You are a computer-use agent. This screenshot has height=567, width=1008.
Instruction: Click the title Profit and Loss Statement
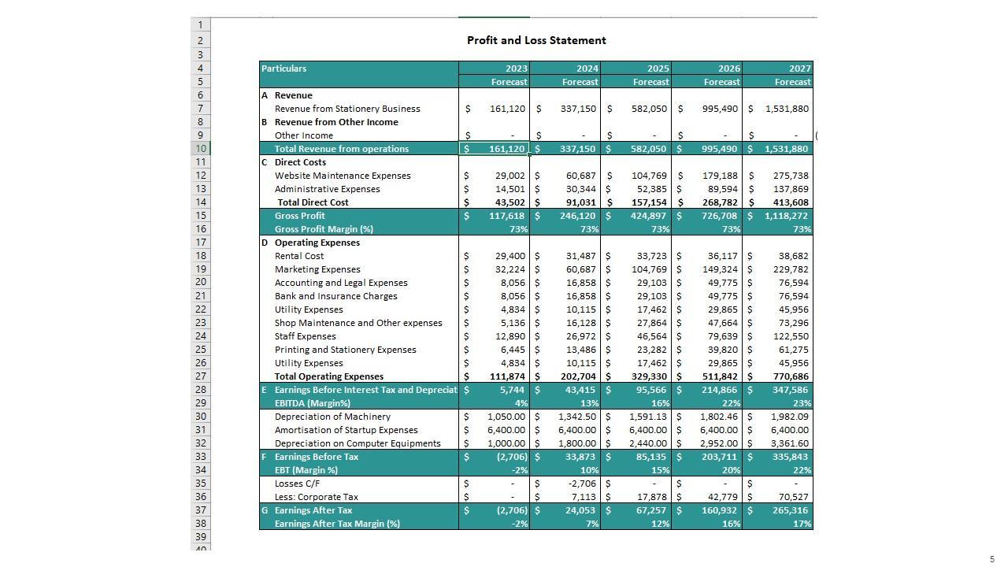pos(536,40)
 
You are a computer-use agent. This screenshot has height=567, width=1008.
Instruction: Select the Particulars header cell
pos(284,69)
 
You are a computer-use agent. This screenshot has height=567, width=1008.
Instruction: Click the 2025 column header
pos(658,69)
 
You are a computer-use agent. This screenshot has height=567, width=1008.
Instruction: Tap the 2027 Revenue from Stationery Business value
pos(786,109)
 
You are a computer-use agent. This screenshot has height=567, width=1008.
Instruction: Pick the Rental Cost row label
pos(299,256)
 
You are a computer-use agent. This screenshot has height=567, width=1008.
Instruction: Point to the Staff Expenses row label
pos(305,336)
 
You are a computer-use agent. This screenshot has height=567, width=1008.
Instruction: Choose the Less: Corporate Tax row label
pos(316,497)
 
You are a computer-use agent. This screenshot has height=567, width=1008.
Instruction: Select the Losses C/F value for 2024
pos(581,484)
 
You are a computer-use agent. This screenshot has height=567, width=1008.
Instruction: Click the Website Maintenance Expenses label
pos(343,176)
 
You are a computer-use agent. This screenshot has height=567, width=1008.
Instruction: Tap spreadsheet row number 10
pos(201,149)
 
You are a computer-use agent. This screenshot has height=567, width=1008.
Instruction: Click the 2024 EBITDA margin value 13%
pos(590,403)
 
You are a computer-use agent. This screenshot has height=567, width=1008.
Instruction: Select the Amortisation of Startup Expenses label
pos(346,430)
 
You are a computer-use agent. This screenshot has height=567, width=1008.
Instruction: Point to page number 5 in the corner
pos(992,560)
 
